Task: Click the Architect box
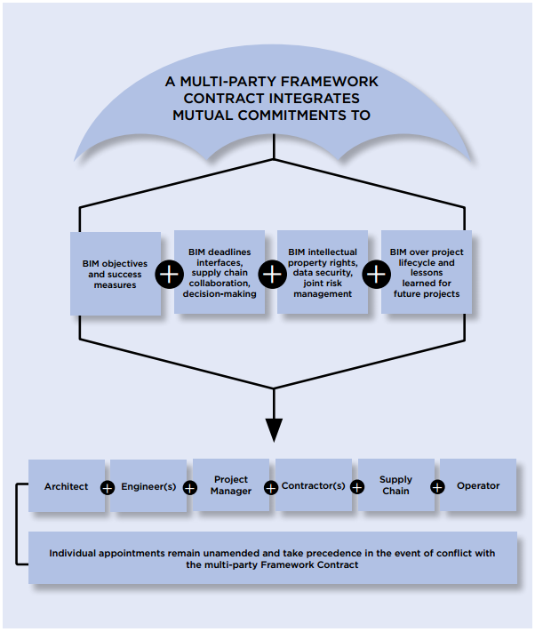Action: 66,486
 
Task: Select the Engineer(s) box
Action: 148,486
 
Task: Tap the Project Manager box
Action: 231,485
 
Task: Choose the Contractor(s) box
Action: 314,486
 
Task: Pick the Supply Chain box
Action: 395,485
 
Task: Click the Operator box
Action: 478,485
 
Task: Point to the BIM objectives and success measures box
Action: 116,274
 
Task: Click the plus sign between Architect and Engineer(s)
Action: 108,487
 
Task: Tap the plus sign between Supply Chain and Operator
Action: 437,487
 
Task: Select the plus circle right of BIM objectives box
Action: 169,274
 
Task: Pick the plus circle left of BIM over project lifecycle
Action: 375,274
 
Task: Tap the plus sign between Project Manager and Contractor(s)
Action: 272,487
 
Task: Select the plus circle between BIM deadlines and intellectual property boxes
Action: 271,274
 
